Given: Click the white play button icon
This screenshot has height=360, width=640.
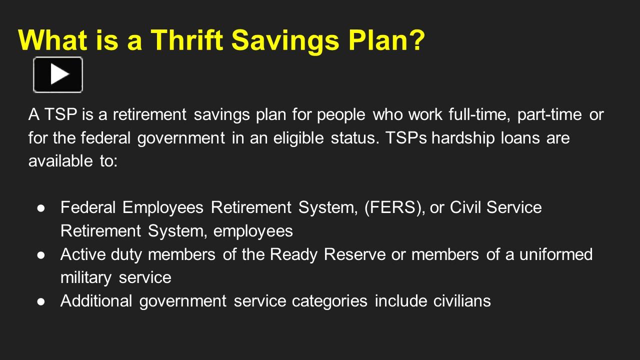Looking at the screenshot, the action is tap(58, 74).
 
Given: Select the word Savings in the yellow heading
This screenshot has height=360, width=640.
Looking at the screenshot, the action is tap(285, 42).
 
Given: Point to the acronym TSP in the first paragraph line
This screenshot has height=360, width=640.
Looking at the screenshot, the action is tap(61, 114).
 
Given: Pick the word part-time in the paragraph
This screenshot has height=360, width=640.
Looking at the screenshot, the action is tap(549, 115).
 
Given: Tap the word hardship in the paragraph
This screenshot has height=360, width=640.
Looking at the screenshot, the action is tap(463, 138).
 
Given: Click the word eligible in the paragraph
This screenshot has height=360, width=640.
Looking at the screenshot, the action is tap(298, 138).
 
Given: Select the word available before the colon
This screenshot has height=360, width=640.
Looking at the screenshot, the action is tap(60, 160).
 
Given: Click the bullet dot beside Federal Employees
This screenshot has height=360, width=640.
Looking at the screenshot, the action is tap(41, 208).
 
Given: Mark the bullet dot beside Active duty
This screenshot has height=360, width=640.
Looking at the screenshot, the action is tap(41, 255).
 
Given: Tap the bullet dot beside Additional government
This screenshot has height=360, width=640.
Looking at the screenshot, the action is tap(41, 301).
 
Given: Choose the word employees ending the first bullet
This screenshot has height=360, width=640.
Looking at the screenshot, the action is tap(253, 231).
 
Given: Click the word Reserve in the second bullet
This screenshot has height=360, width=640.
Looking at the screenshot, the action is tap(354, 254).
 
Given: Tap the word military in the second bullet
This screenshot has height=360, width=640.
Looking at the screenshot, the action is tap(86, 278).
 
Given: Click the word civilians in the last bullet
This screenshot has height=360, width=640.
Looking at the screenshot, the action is tap(462, 300).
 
